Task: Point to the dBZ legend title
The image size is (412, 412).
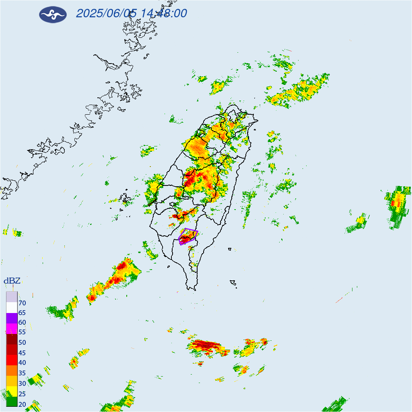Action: tap(12, 281)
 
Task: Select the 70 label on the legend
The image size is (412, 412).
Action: tap(22, 303)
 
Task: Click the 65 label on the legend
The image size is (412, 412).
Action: tap(22, 313)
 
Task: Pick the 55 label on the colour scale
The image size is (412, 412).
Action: tap(22, 332)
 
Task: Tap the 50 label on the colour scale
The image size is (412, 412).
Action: tap(22, 342)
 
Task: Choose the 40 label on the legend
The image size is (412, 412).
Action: tap(22, 362)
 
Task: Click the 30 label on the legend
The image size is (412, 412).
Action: tap(22, 383)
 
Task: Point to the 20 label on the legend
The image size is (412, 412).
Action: tap(22, 404)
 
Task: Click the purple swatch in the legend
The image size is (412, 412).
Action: tap(12, 318)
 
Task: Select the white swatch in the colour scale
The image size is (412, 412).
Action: tap(12, 308)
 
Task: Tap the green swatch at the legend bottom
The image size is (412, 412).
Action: tap(12, 402)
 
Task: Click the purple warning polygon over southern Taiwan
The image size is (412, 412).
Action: tap(188, 237)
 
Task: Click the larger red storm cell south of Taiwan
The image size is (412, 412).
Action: tap(206, 346)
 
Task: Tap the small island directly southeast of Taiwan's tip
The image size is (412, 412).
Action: tap(233, 283)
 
